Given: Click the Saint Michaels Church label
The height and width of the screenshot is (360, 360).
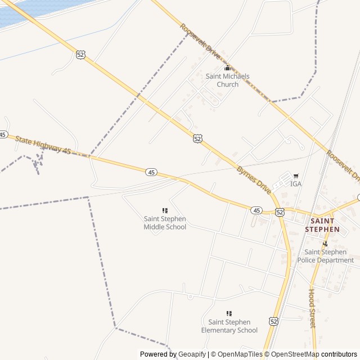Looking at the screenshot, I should click(x=227, y=80).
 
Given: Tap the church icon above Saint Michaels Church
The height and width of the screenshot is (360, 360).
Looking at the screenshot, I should click(x=227, y=68).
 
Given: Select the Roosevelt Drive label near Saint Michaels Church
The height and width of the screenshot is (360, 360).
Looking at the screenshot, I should click(x=201, y=38).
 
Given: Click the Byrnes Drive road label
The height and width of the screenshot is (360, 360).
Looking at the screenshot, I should click(x=254, y=180).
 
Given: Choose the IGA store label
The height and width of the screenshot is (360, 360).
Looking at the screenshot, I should click(x=296, y=184).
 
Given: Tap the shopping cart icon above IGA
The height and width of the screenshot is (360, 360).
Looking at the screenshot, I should click(x=296, y=176).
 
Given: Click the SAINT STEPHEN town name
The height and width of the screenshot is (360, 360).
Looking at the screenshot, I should click(x=322, y=225).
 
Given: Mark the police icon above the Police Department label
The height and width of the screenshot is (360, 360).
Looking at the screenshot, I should click(x=325, y=244).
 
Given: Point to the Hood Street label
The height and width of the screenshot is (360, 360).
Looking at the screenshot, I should click(x=312, y=308).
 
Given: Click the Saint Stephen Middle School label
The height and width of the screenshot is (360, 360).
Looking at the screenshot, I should click(x=165, y=223).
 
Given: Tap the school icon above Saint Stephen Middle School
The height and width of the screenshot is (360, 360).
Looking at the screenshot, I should click(x=165, y=210).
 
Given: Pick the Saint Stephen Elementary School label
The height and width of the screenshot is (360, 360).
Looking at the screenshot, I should click(x=229, y=326).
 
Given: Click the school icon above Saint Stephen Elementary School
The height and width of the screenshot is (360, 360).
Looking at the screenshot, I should click(x=229, y=313).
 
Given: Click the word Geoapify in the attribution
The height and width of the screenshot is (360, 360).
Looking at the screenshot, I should click(x=191, y=354).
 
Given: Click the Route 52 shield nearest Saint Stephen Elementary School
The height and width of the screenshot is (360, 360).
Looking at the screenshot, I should click(x=273, y=321).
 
